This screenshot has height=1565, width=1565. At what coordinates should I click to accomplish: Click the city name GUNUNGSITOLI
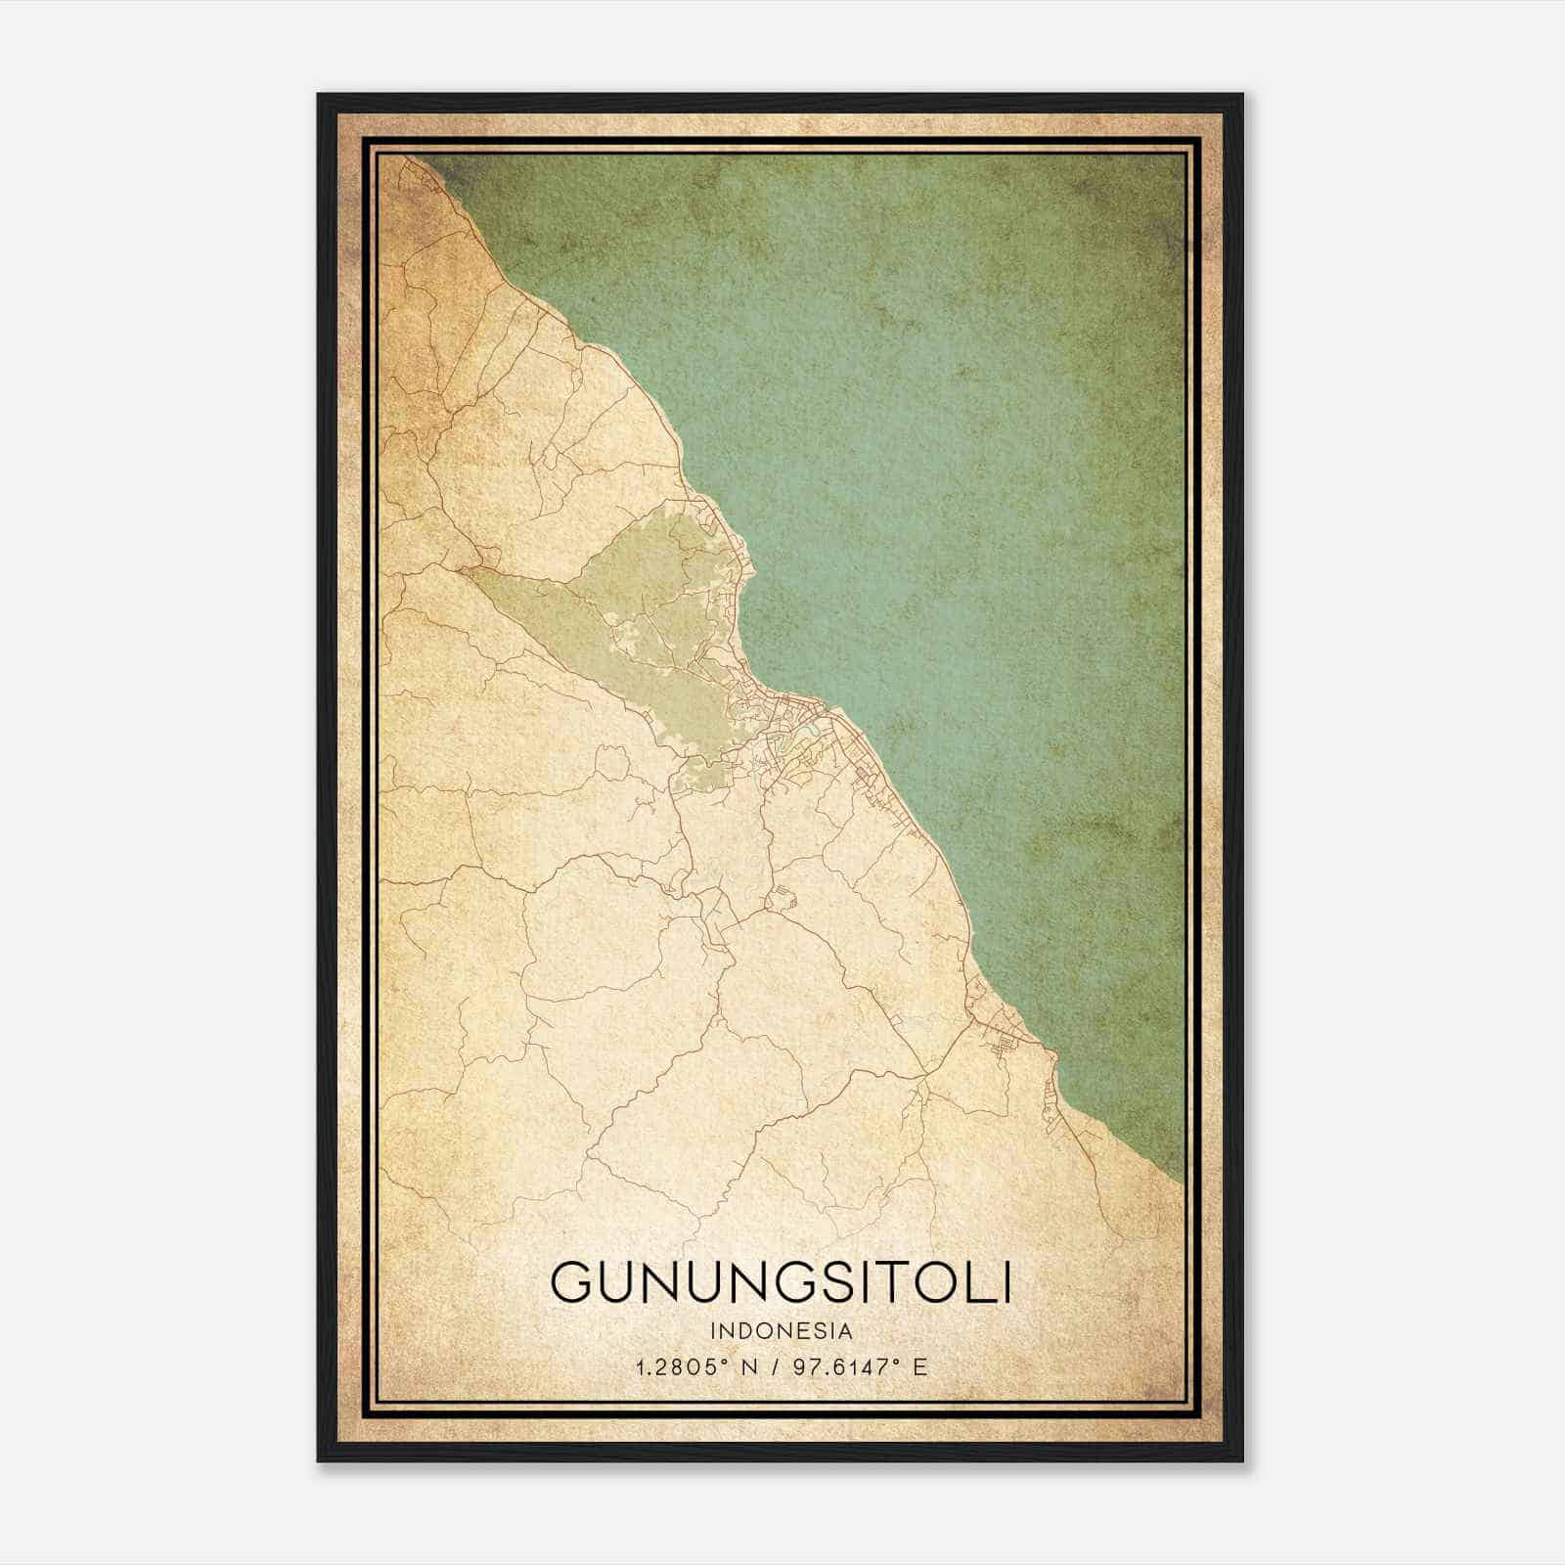pos(781,1282)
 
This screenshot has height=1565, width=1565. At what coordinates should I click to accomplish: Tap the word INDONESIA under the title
pos(782,1331)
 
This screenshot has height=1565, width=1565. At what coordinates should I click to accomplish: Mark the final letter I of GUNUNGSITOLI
pos(1006,1282)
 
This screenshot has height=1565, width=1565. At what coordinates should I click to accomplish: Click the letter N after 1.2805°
pos(748,1366)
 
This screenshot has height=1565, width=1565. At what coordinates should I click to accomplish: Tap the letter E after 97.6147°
pos(918,1366)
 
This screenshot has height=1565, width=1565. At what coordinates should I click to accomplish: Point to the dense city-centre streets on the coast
pos(792,724)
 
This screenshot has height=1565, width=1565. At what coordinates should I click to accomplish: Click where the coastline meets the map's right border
pos(1183,1179)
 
